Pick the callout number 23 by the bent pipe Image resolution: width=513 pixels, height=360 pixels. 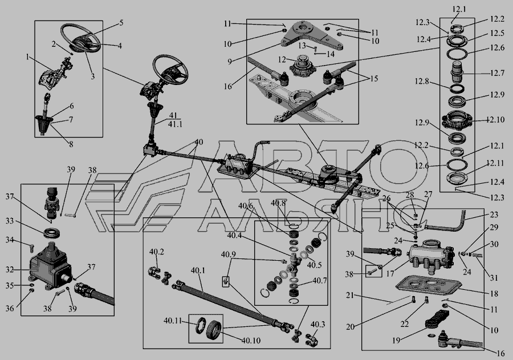493,216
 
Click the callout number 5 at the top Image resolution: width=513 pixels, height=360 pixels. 121,23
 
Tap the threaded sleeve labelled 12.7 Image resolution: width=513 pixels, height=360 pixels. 457,73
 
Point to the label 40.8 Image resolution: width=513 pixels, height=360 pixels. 278,203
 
